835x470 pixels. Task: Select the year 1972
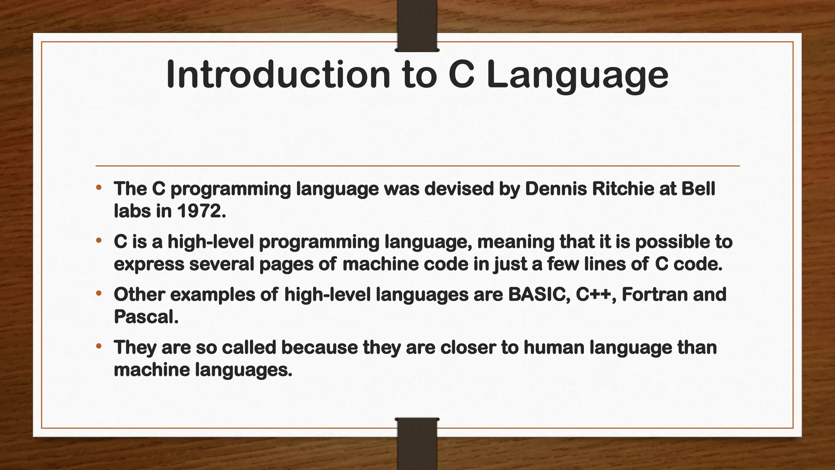201,211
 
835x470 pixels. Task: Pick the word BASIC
539,295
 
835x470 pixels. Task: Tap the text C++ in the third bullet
596,295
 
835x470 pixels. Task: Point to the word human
554,348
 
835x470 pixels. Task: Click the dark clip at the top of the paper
417,26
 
